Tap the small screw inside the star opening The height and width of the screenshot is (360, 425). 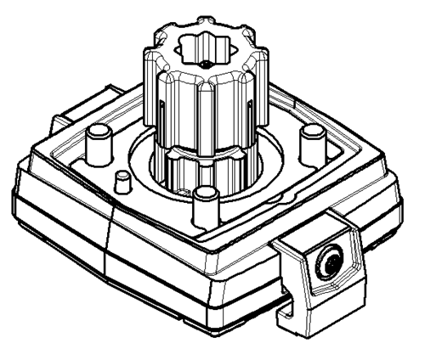click(206, 65)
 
